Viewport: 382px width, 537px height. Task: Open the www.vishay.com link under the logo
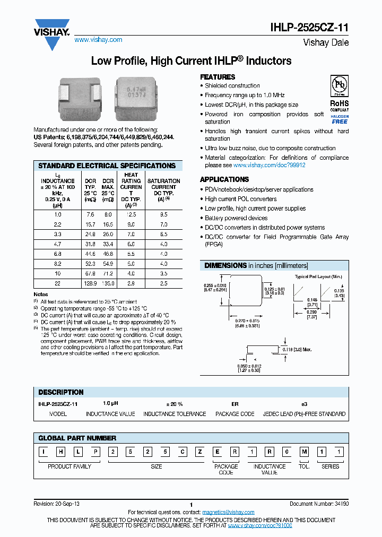tap(98, 40)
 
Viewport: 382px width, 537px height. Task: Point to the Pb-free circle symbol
tap(340, 86)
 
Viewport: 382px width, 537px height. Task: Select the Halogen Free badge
tap(340, 119)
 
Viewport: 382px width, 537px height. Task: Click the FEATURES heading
tap(218, 77)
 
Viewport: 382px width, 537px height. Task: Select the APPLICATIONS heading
tap(224, 179)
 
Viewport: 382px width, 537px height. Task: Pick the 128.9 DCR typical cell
tap(90, 284)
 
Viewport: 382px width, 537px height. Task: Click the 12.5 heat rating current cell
tap(131, 214)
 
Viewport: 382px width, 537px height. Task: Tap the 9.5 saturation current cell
tap(163, 214)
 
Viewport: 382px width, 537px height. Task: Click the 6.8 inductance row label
tap(57, 254)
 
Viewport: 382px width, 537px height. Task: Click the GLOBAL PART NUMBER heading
tap(77, 438)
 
